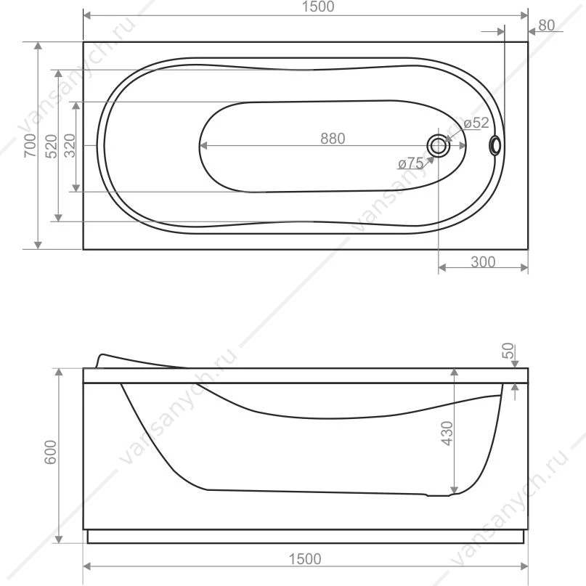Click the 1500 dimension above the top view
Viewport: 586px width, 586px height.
pyautogui.click(x=318, y=7)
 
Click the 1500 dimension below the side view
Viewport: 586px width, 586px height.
pyautogui.click(x=305, y=559)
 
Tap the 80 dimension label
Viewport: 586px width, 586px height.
pyautogui.click(x=546, y=25)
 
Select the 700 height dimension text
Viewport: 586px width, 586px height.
pyautogui.click(x=30, y=145)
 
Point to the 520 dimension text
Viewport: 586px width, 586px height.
pyautogui.click(x=52, y=146)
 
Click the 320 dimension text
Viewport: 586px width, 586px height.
pyautogui.click(x=70, y=146)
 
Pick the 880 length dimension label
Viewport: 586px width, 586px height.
pyautogui.click(x=333, y=139)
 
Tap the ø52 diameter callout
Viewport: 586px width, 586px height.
pyautogui.click(x=476, y=123)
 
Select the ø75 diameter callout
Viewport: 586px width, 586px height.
pyautogui.click(x=411, y=163)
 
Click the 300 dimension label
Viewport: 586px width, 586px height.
pyautogui.click(x=483, y=262)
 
